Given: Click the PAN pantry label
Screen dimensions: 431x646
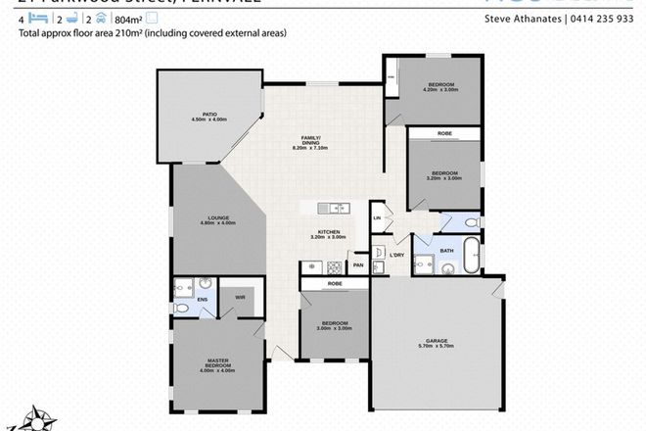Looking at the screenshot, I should pyautogui.click(x=358, y=264).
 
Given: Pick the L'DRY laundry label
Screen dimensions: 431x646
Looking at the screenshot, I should pyautogui.click(x=396, y=256).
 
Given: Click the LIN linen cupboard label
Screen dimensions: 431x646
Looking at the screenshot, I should pyautogui.click(x=376, y=218).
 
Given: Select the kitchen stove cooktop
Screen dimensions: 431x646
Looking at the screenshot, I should pyautogui.click(x=335, y=266).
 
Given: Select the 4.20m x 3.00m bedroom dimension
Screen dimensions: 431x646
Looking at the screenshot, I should pyautogui.click(x=439, y=90).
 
